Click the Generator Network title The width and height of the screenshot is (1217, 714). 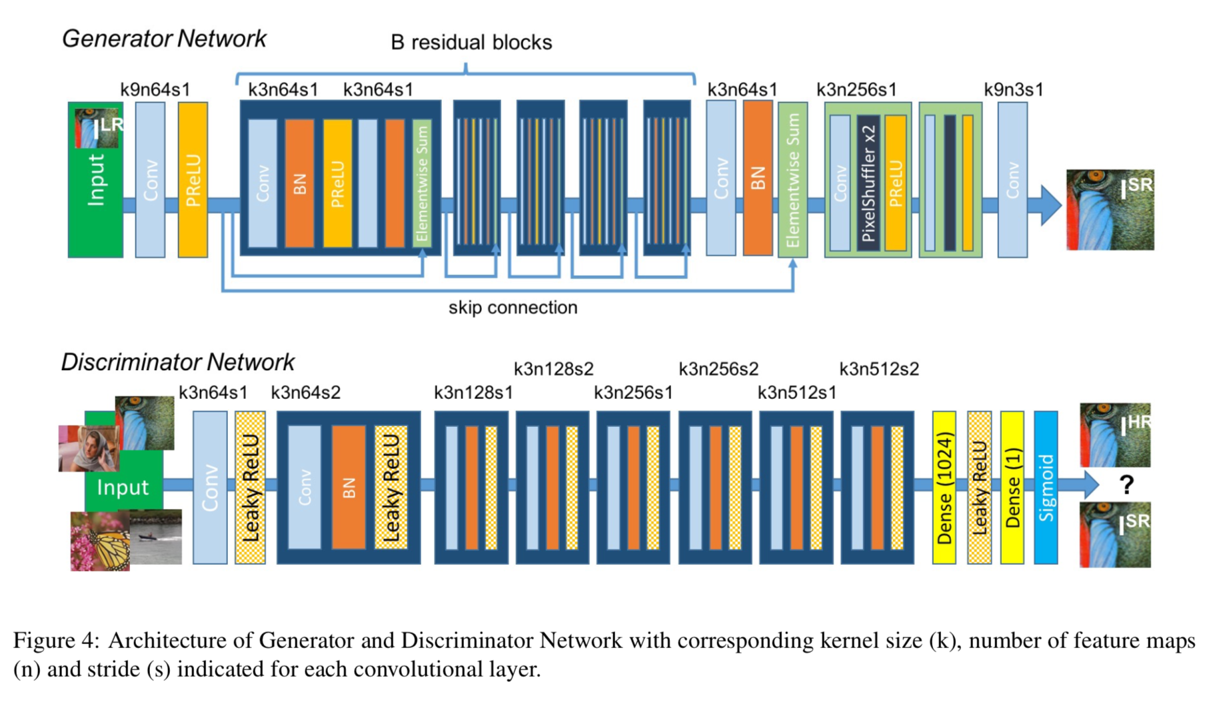pos(164,39)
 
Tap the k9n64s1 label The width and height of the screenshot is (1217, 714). pos(155,89)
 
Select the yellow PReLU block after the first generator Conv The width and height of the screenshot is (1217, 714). pos(193,180)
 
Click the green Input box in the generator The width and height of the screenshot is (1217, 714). pos(95,200)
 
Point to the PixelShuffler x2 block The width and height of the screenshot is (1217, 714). pos(868,183)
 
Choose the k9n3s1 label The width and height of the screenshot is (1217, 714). pos(1013,89)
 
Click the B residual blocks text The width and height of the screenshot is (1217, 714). pos(471,43)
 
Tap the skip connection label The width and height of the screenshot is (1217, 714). pos(513,308)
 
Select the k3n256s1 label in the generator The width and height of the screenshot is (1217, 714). pos(856,89)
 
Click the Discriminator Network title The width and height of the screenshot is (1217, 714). pos(177,362)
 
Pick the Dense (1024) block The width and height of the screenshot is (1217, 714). pos(944,488)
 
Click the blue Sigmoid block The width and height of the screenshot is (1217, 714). pos(1046,488)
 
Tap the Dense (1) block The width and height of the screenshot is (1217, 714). pos(1012,488)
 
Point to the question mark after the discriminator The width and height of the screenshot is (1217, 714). pos(1126,484)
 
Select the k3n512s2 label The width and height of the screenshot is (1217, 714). pos(878,369)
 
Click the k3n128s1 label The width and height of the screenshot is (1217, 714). pos(473,393)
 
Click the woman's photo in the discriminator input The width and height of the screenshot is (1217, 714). pos(88,448)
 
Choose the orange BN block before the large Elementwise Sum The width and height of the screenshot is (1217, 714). pos(758,178)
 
